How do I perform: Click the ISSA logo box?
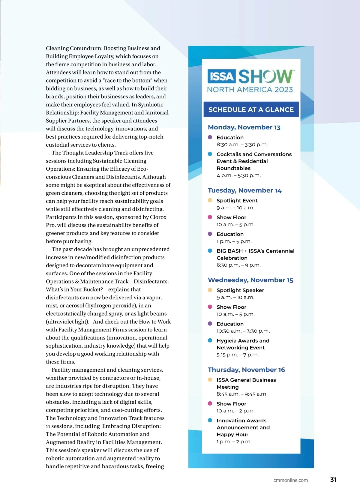(222, 76)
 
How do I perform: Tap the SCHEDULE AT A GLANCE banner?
(251, 109)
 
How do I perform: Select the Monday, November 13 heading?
(244, 127)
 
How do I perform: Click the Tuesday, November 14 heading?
(244, 190)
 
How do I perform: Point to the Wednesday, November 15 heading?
(250, 280)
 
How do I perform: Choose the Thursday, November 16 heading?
(246, 370)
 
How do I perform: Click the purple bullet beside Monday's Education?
(210, 137)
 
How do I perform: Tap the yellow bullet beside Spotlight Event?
(210, 200)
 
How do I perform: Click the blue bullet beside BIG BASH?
(210, 251)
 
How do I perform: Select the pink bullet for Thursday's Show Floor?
(210, 403)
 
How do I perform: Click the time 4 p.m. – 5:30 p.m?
(238, 175)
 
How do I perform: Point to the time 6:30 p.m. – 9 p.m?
(238, 265)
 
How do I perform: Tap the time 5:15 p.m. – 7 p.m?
(238, 355)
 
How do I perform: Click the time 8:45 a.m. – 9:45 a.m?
(242, 394)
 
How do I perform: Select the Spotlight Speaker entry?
(240, 290)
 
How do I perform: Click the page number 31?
(333, 480)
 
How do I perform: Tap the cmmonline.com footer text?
(290, 480)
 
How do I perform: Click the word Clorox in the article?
(158, 217)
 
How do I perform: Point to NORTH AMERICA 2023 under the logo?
(250, 90)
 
